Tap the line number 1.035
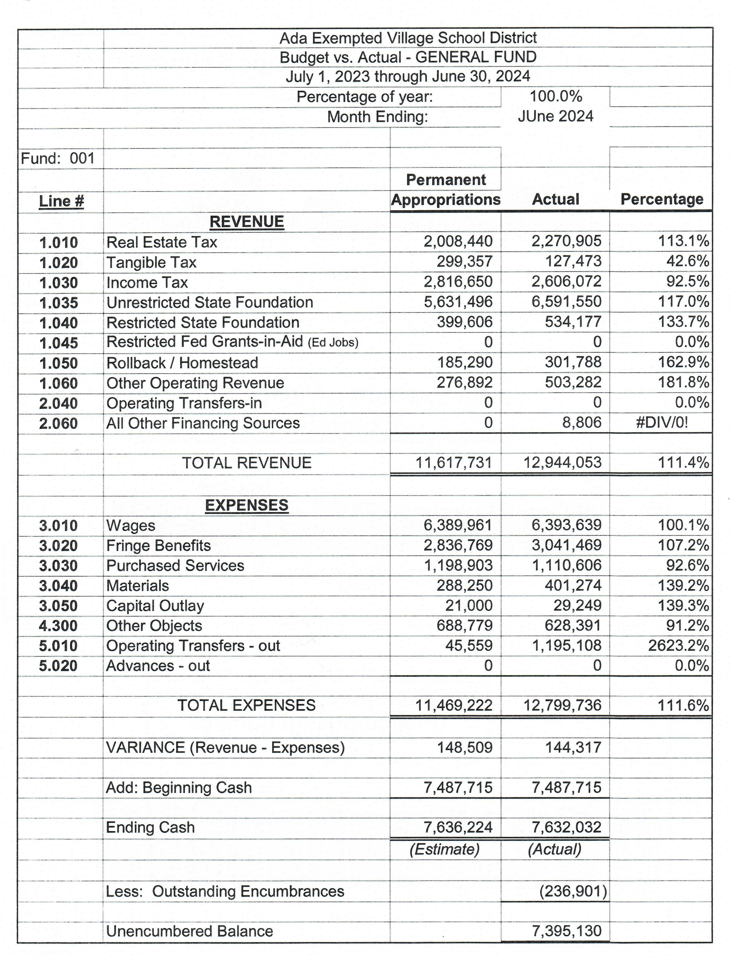[x=59, y=303]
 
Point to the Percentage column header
[x=662, y=199]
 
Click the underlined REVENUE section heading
[x=246, y=222]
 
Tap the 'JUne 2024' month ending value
[x=555, y=116]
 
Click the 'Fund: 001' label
[x=58, y=158]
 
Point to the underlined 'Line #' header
[x=61, y=201]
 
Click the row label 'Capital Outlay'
[x=155, y=606]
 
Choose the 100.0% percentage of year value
[x=556, y=96]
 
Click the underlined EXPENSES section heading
[x=246, y=505]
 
